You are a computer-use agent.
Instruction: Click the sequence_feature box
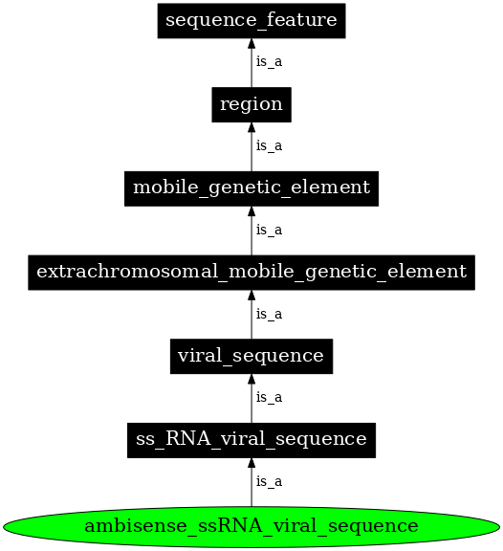tap(251, 20)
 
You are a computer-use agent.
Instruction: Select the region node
tap(251, 104)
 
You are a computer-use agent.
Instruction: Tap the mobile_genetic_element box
tap(251, 187)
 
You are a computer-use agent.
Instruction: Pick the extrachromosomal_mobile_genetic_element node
tap(251, 272)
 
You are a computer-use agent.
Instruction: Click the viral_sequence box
tap(251, 356)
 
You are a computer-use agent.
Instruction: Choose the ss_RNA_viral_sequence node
tap(251, 439)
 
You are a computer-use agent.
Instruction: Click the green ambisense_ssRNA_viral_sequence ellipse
tap(251, 526)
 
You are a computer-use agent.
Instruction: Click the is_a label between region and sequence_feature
tap(269, 62)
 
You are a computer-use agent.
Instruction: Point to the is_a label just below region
tap(269, 146)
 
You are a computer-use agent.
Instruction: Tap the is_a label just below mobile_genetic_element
tap(269, 230)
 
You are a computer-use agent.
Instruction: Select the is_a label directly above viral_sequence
tap(269, 314)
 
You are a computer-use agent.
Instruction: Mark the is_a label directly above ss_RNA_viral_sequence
tap(269, 397)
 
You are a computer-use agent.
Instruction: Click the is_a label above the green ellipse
tap(269, 481)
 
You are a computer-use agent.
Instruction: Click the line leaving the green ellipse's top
tap(251, 493)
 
